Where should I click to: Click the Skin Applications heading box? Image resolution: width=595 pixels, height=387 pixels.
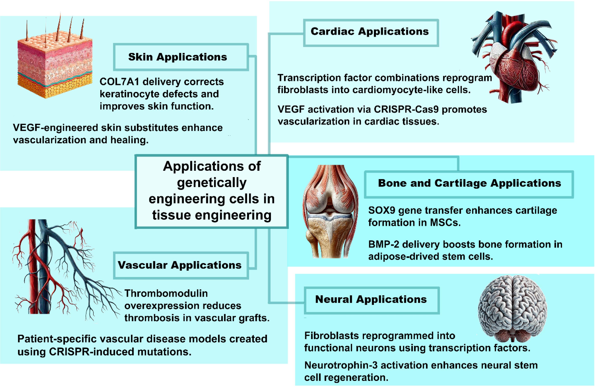pyautogui.click(x=181, y=57)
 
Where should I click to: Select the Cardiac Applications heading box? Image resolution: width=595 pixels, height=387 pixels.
pyautogui.click(x=371, y=33)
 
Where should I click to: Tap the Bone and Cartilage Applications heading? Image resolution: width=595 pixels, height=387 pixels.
pyautogui.click(x=469, y=184)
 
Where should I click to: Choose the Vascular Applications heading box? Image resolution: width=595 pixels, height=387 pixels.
pyautogui.click(x=181, y=265)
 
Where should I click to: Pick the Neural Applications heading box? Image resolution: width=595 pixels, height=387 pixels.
pyautogui.click(x=372, y=300)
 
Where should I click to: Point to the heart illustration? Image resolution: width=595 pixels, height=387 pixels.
pyautogui.click(x=513, y=57)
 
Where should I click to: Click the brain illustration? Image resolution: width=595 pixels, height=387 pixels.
pyautogui.click(x=513, y=308)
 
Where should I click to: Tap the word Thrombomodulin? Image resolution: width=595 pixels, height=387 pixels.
pyautogui.click(x=166, y=293)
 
